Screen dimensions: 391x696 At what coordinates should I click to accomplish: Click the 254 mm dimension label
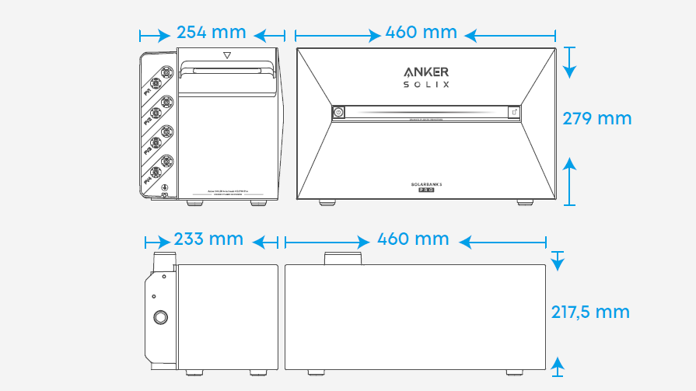[x=211, y=33]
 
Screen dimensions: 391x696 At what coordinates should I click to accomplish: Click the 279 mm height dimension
[x=597, y=118]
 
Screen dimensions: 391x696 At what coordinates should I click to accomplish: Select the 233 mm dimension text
[x=208, y=239]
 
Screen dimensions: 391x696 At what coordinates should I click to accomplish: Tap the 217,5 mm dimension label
[x=590, y=312]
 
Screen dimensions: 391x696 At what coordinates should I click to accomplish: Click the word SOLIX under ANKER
[x=426, y=84]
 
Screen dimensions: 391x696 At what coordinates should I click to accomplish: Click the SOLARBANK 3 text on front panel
[x=426, y=183]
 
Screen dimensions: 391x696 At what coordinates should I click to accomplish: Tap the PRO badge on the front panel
[x=426, y=190]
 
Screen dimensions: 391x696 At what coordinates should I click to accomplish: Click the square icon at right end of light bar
[x=514, y=113]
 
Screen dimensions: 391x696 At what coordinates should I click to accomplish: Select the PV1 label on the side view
[x=149, y=91]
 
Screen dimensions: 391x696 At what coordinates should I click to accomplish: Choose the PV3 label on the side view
[x=149, y=151]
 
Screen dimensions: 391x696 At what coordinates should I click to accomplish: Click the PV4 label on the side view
[x=149, y=180]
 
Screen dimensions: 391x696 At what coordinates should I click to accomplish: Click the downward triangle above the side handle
[x=227, y=56]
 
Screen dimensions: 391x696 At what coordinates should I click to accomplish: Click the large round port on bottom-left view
[x=161, y=317]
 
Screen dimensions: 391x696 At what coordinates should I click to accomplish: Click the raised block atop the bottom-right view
[x=342, y=258]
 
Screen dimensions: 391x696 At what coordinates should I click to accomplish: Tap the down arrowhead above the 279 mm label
[x=570, y=71]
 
